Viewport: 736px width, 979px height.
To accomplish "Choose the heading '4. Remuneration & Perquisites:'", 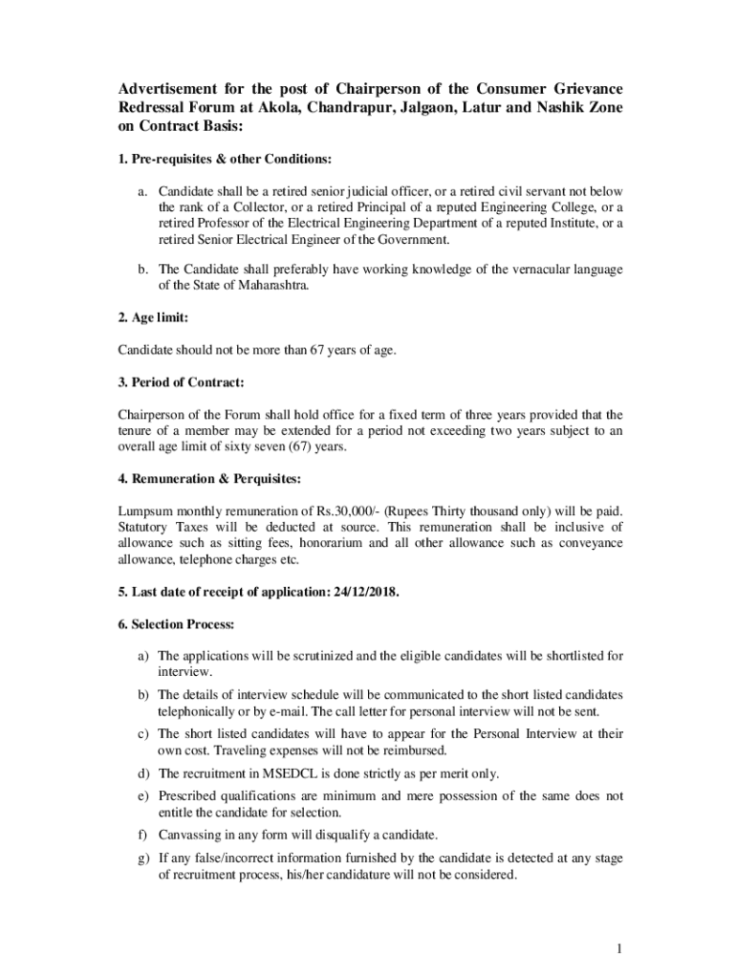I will (211, 479).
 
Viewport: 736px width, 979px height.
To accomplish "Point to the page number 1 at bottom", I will (619, 949).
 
